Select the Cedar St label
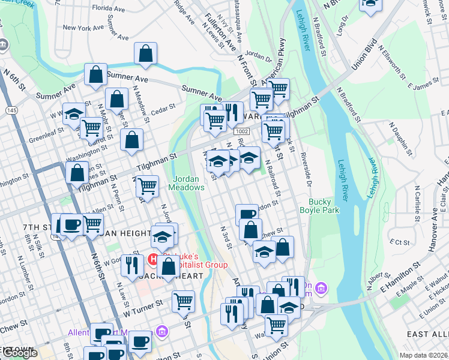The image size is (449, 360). pyautogui.click(x=163, y=108)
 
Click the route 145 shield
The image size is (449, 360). pyautogui.click(x=11, y=110)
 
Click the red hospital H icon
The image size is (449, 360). pyautogui.click(x=153, y=260)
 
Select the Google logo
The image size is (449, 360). pyautogui.click(x=19, y=353)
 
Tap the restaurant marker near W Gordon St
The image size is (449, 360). pyautogui.click(x=131, y=265)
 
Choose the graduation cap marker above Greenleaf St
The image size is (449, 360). pyautogui.click(x=74, y=115)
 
